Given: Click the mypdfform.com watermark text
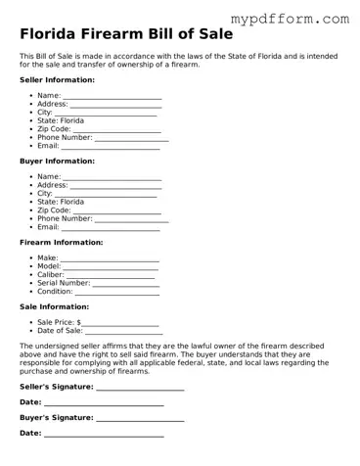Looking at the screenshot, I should [301, 18].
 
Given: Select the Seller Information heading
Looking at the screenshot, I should [58, 79].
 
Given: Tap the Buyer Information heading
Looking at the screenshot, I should [57, 161].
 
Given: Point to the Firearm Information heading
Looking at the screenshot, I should [61, 242].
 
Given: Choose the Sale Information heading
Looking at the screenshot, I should [54, 306].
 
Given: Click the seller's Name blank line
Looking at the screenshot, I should [112, 97].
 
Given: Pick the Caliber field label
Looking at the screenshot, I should [51, 274].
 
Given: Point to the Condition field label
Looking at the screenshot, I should [55, 292].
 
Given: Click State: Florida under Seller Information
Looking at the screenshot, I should [61, 120].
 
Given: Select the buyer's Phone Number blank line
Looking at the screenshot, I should [131, 218].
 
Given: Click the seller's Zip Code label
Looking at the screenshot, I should [54, 129].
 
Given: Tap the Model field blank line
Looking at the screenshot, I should [111, 266].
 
